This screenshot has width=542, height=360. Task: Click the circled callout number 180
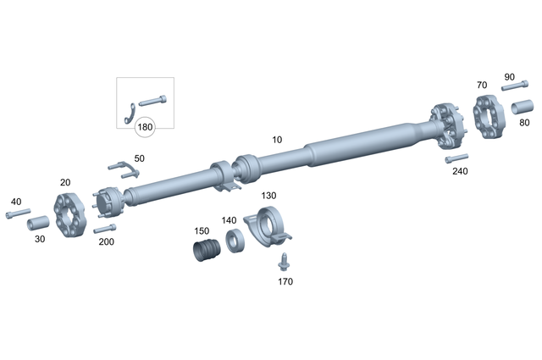[146, 128]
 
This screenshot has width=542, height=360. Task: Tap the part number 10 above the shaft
[277, 139]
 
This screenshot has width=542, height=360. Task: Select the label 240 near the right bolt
[460, 171]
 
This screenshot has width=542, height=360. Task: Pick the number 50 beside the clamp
[139, 158]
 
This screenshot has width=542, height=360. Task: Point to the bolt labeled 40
[18, 213]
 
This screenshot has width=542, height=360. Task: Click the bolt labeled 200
[104, 229]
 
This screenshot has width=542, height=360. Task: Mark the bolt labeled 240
[456, 158]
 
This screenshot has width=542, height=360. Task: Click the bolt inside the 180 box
[152, 101]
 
